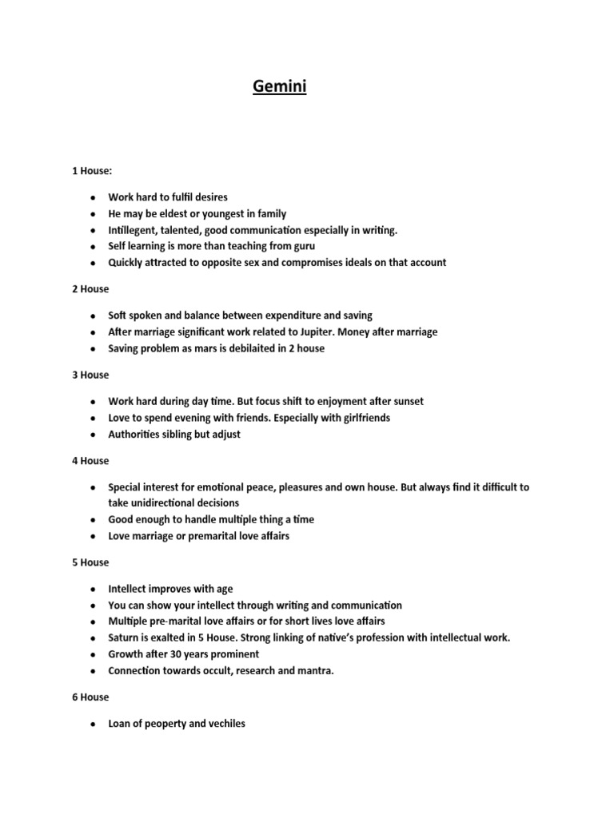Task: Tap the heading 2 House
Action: [x=90, y=288]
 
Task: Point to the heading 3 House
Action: [x=90, y=375]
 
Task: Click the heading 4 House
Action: [x=90, y=461]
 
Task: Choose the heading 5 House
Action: [x=90, y=562]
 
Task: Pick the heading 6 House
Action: [x=90, y=697]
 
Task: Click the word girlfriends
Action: [x=361, y=418]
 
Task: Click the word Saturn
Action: [x=126, y=637]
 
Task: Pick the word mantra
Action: [x=316, y=671]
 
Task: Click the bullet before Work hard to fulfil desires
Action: [x=94, y=197]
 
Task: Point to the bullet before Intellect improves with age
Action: [x=94, y=590]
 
